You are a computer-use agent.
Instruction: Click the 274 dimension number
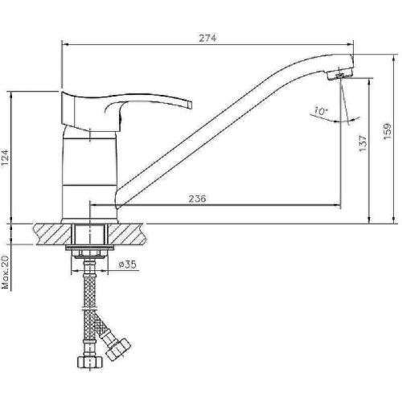207,39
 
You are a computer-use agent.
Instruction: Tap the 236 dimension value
198,199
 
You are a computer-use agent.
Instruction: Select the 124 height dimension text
6,158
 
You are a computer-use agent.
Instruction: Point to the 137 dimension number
363,143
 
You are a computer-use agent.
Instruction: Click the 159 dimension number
388,131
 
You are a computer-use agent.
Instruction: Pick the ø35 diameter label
127,265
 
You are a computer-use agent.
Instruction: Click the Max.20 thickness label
6,273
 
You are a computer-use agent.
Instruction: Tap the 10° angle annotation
321,111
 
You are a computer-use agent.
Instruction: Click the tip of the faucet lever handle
191,105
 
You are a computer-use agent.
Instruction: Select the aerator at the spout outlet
339,76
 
